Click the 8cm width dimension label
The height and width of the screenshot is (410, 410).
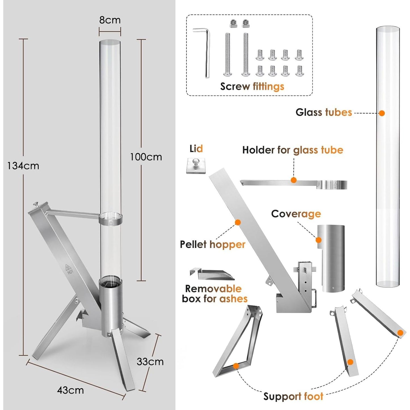click(x=110, y=20)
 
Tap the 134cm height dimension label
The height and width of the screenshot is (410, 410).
click(x=23, y=166)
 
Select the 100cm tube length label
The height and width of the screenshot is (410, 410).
click(x=146, y=157)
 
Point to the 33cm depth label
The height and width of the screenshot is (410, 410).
click(x=150, y=362)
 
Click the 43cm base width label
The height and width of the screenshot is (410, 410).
click(x=70, y=390)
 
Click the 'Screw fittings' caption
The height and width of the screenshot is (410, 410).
click(x=252, y=87)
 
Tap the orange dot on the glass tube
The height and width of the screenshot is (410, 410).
click(x=382, y=113)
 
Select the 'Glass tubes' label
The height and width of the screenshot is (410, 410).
click(x=323, y=112)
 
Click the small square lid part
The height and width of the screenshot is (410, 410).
click(x=196, y=165)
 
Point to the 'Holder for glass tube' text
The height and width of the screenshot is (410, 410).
click(x=293, y=150)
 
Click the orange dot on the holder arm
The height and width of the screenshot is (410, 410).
click(x=294, y=180)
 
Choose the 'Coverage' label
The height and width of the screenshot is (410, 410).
click(x=296, y=214)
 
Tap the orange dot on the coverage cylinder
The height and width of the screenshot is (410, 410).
click(x=319, y=240)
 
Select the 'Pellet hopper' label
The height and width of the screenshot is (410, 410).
click(x=213, y=244)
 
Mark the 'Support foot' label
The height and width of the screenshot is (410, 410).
click(x=293, y=396)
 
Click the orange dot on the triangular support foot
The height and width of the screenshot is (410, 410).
click(x=236, y=366)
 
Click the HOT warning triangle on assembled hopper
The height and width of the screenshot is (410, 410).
click(x=68, y=268)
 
